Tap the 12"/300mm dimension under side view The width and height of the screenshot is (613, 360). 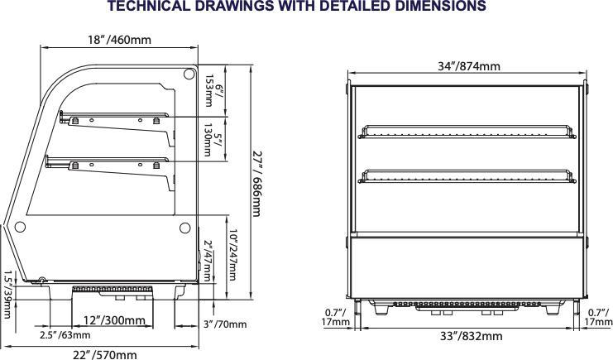tap(114, 320)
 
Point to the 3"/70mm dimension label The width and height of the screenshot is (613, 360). tap(225, 324)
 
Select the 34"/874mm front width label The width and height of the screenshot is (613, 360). tap(468, 66)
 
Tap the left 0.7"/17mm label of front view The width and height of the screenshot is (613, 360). tap(335, 317)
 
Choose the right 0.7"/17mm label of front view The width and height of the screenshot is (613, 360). tap(600, 317)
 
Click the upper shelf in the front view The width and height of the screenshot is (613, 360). tap(467, 130)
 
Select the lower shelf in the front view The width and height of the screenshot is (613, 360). tap(467, 175)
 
